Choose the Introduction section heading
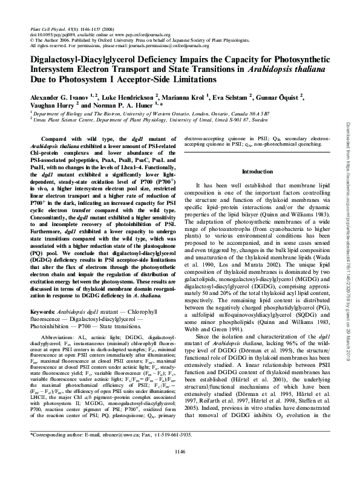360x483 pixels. point(258,172)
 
